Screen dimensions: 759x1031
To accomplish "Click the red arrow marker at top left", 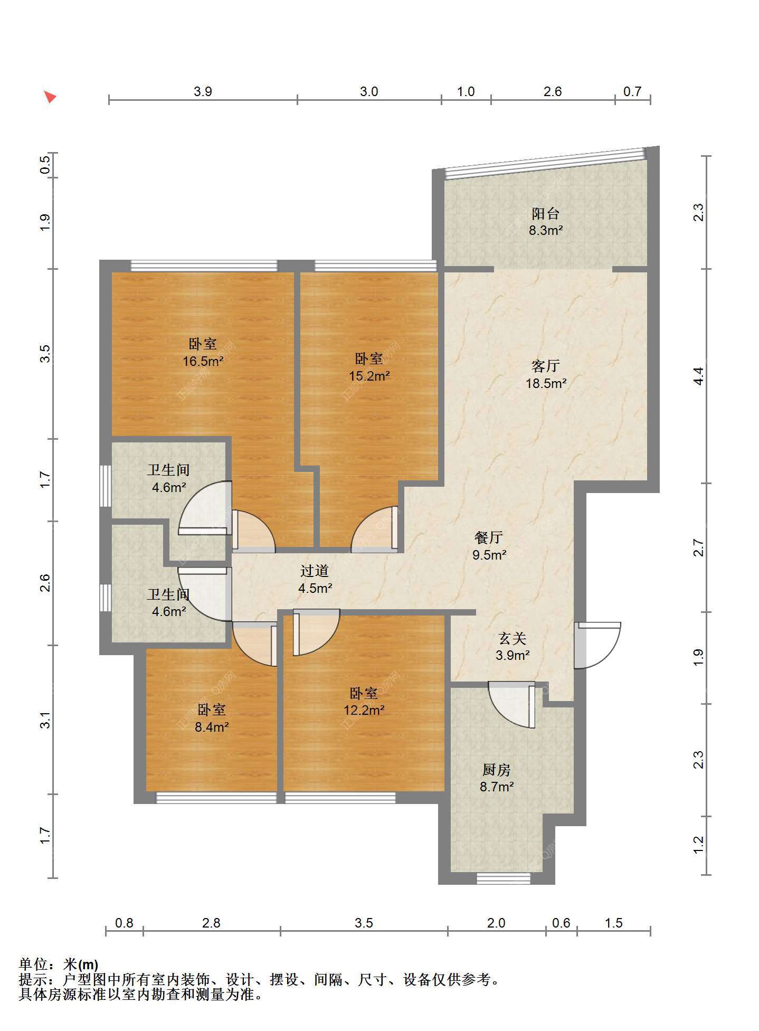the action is pyautogui.click(x=50, y=97).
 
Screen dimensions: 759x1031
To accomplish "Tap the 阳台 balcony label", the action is pyautogui.click(x=545, y=214).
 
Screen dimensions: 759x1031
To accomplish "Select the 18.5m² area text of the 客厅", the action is pyautogui.click(x=546, y=383).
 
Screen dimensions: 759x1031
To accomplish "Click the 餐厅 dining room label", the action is pyautogui.click(x=489, y=537).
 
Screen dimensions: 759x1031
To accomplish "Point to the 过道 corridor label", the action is pyautogui.click(x=315, y=571).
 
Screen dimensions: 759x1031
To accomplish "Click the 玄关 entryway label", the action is pyautogui.click(x=513, y=639).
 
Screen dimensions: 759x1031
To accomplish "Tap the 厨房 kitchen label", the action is pyautogui.click(x=497, y=770).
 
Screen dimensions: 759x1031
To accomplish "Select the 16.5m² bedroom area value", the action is pyautogui.click(x=203, y=362).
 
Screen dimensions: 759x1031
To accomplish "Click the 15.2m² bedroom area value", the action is pyautogui.click(x=369, y=376).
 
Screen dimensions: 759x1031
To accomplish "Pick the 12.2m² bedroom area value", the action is pyautogui.click(x=364, y=710).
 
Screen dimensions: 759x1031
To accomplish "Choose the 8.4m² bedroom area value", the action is pyautogui.click(x=212, y=727).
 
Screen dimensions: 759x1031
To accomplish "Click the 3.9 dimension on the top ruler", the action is pyautogui.click(x=203, y=91).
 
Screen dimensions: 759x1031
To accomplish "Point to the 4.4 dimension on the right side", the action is pyautogui.click(x=698, y=375).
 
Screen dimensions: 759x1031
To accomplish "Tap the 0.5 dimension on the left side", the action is pyautogui.click(x=45, y=164).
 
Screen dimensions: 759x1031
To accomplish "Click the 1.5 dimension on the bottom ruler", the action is pyautogui.click(x=613, y=923).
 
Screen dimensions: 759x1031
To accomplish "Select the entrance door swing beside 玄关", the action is pyautogui.click(x=597, y=645).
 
